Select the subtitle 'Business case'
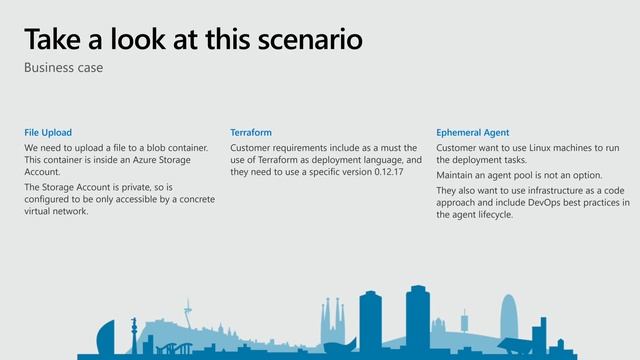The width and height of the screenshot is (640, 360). click(64, 68)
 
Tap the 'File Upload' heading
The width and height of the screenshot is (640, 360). click(48, 132)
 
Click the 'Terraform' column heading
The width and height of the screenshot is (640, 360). click(250, 132)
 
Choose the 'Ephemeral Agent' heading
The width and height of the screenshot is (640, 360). click(473, 132)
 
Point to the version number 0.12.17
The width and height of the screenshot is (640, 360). click(384, 172)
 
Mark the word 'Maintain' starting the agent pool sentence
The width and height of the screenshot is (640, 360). click(456, 175)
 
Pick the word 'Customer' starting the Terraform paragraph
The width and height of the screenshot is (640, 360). click(251, 148)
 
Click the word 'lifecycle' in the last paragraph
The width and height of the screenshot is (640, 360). click(497, 214)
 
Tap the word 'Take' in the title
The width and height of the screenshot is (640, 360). click(51, 39)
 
